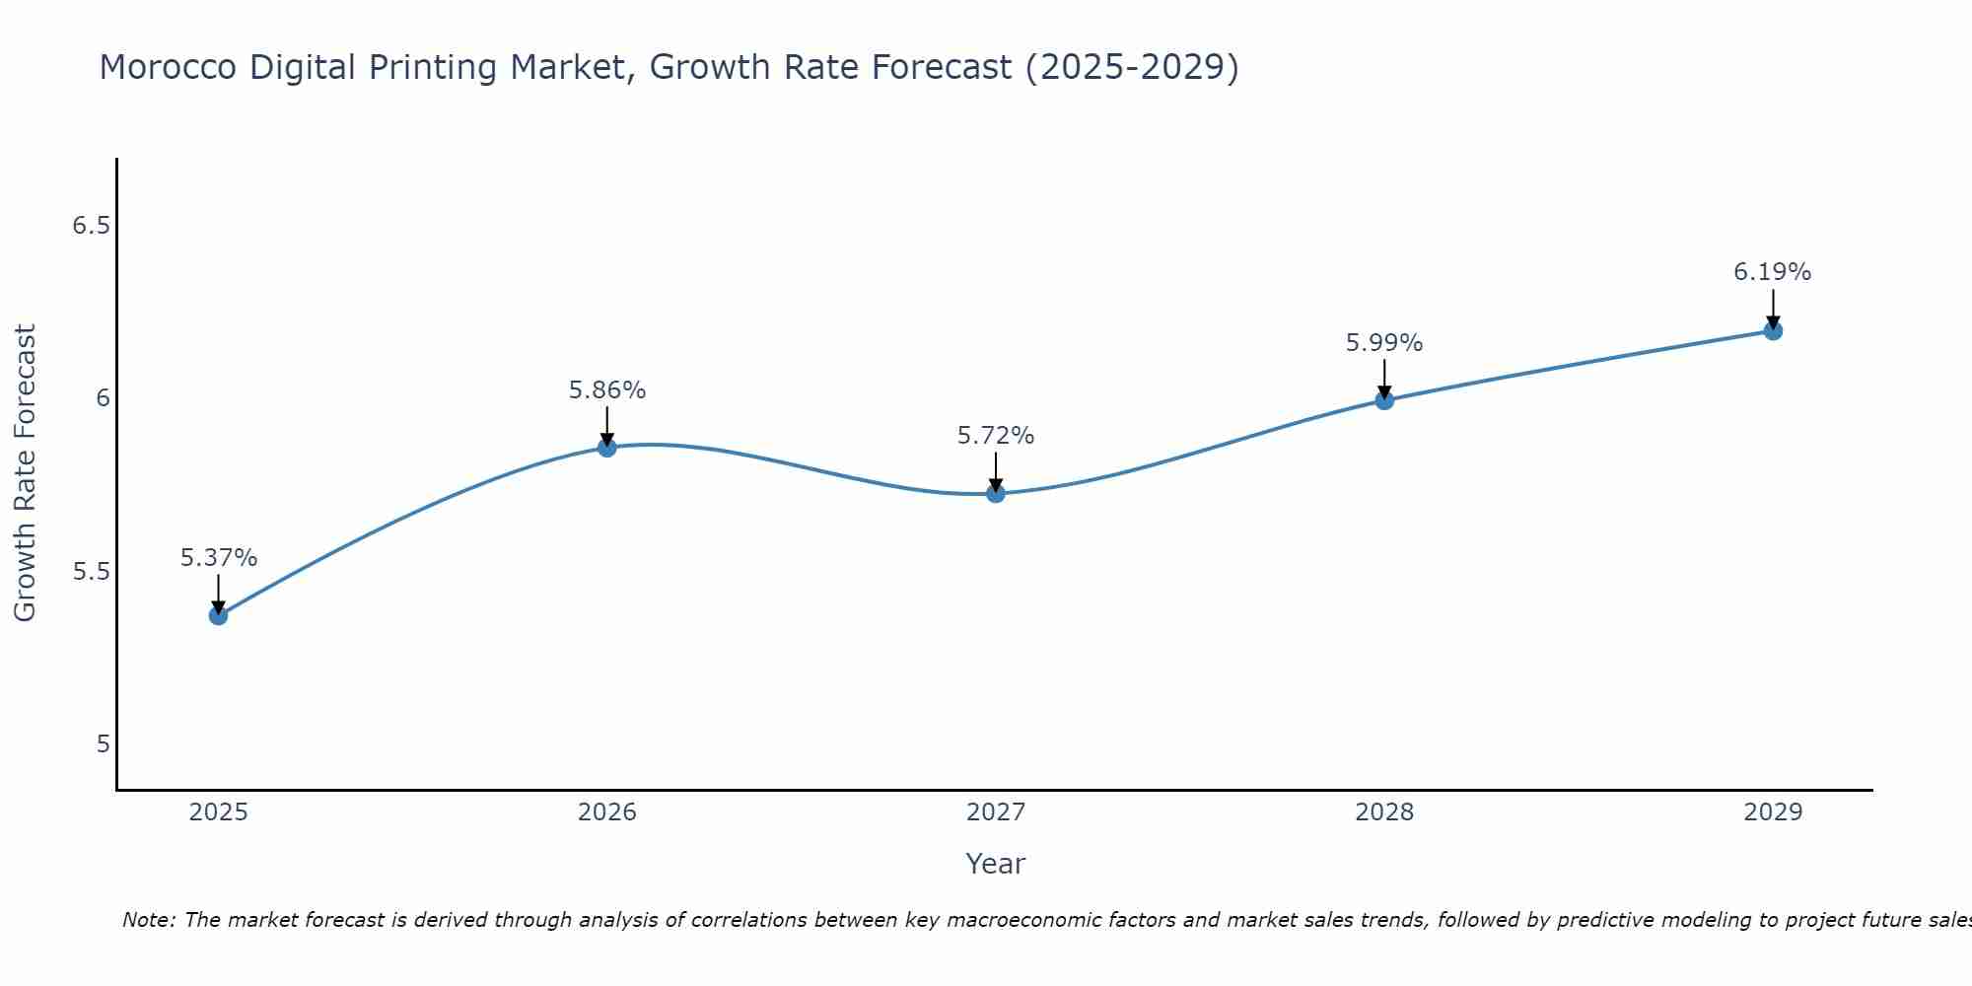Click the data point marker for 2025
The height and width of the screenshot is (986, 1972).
tap(218, 615)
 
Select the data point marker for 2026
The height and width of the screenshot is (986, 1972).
tap(607, 448)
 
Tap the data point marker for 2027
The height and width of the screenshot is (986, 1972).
tap(996, 493)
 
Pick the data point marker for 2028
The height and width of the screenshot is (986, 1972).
tap(1384, 399)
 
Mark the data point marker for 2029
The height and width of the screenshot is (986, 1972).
tap(1773, 330)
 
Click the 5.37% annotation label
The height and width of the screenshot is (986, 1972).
tap(219, 558)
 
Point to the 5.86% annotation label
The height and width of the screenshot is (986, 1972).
tap(607, 390)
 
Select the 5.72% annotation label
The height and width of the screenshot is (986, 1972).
tap(996, 436)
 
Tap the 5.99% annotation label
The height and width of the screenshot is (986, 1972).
tap(1384, 343)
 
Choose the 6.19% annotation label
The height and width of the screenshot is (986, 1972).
tap(1773, 272)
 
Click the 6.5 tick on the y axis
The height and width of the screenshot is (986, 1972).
tap(91, 226)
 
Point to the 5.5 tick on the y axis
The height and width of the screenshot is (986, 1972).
tap(91, 572)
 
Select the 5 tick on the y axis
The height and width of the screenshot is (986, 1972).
tap(103, 744)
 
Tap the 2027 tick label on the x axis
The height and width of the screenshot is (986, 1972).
tap(996, 812)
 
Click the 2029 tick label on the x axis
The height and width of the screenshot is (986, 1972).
tap(1773, 812)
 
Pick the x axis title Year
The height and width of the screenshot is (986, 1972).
tap(996, 864)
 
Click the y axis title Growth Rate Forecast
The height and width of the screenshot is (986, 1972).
tap(26, 473)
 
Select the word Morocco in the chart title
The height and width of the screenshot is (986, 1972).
tap(168, 67)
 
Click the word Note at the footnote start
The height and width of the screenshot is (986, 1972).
tap(148, 920)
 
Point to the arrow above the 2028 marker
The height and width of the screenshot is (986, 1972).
tap(1384, 379)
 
